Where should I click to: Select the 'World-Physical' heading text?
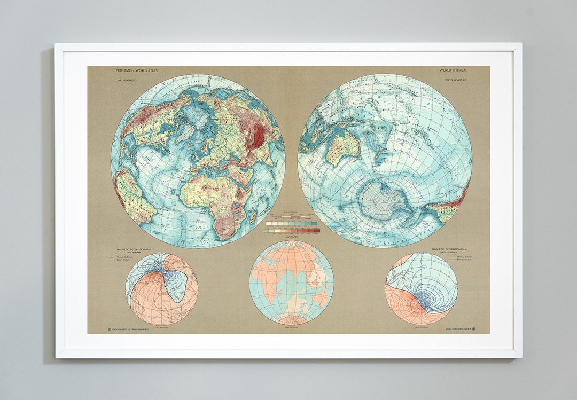coord(454,70)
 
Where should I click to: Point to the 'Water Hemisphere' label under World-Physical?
coord(456,80)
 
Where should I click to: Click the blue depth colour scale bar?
coord(292,223)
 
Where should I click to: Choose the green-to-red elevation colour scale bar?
coord(292,231)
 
